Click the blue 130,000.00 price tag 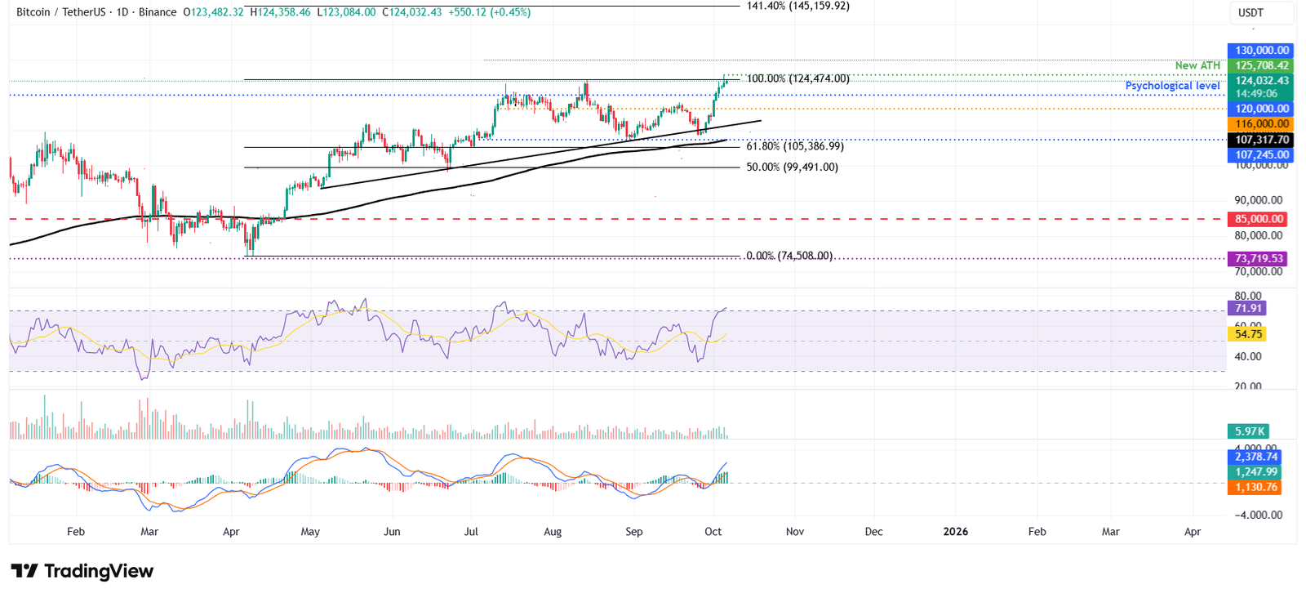pos(1261,51)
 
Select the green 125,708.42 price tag pos(1261,66)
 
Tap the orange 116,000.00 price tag pos(1261,124)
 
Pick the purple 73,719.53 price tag pos(1258,258)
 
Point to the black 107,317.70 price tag pos(1261,140)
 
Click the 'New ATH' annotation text pos(1197,65)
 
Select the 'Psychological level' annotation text pos(1172,86)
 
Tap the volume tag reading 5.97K pos(1249,431)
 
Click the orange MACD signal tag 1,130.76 pos(1255,487)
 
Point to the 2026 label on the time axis pos(955,532)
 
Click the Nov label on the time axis pos(795,532)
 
